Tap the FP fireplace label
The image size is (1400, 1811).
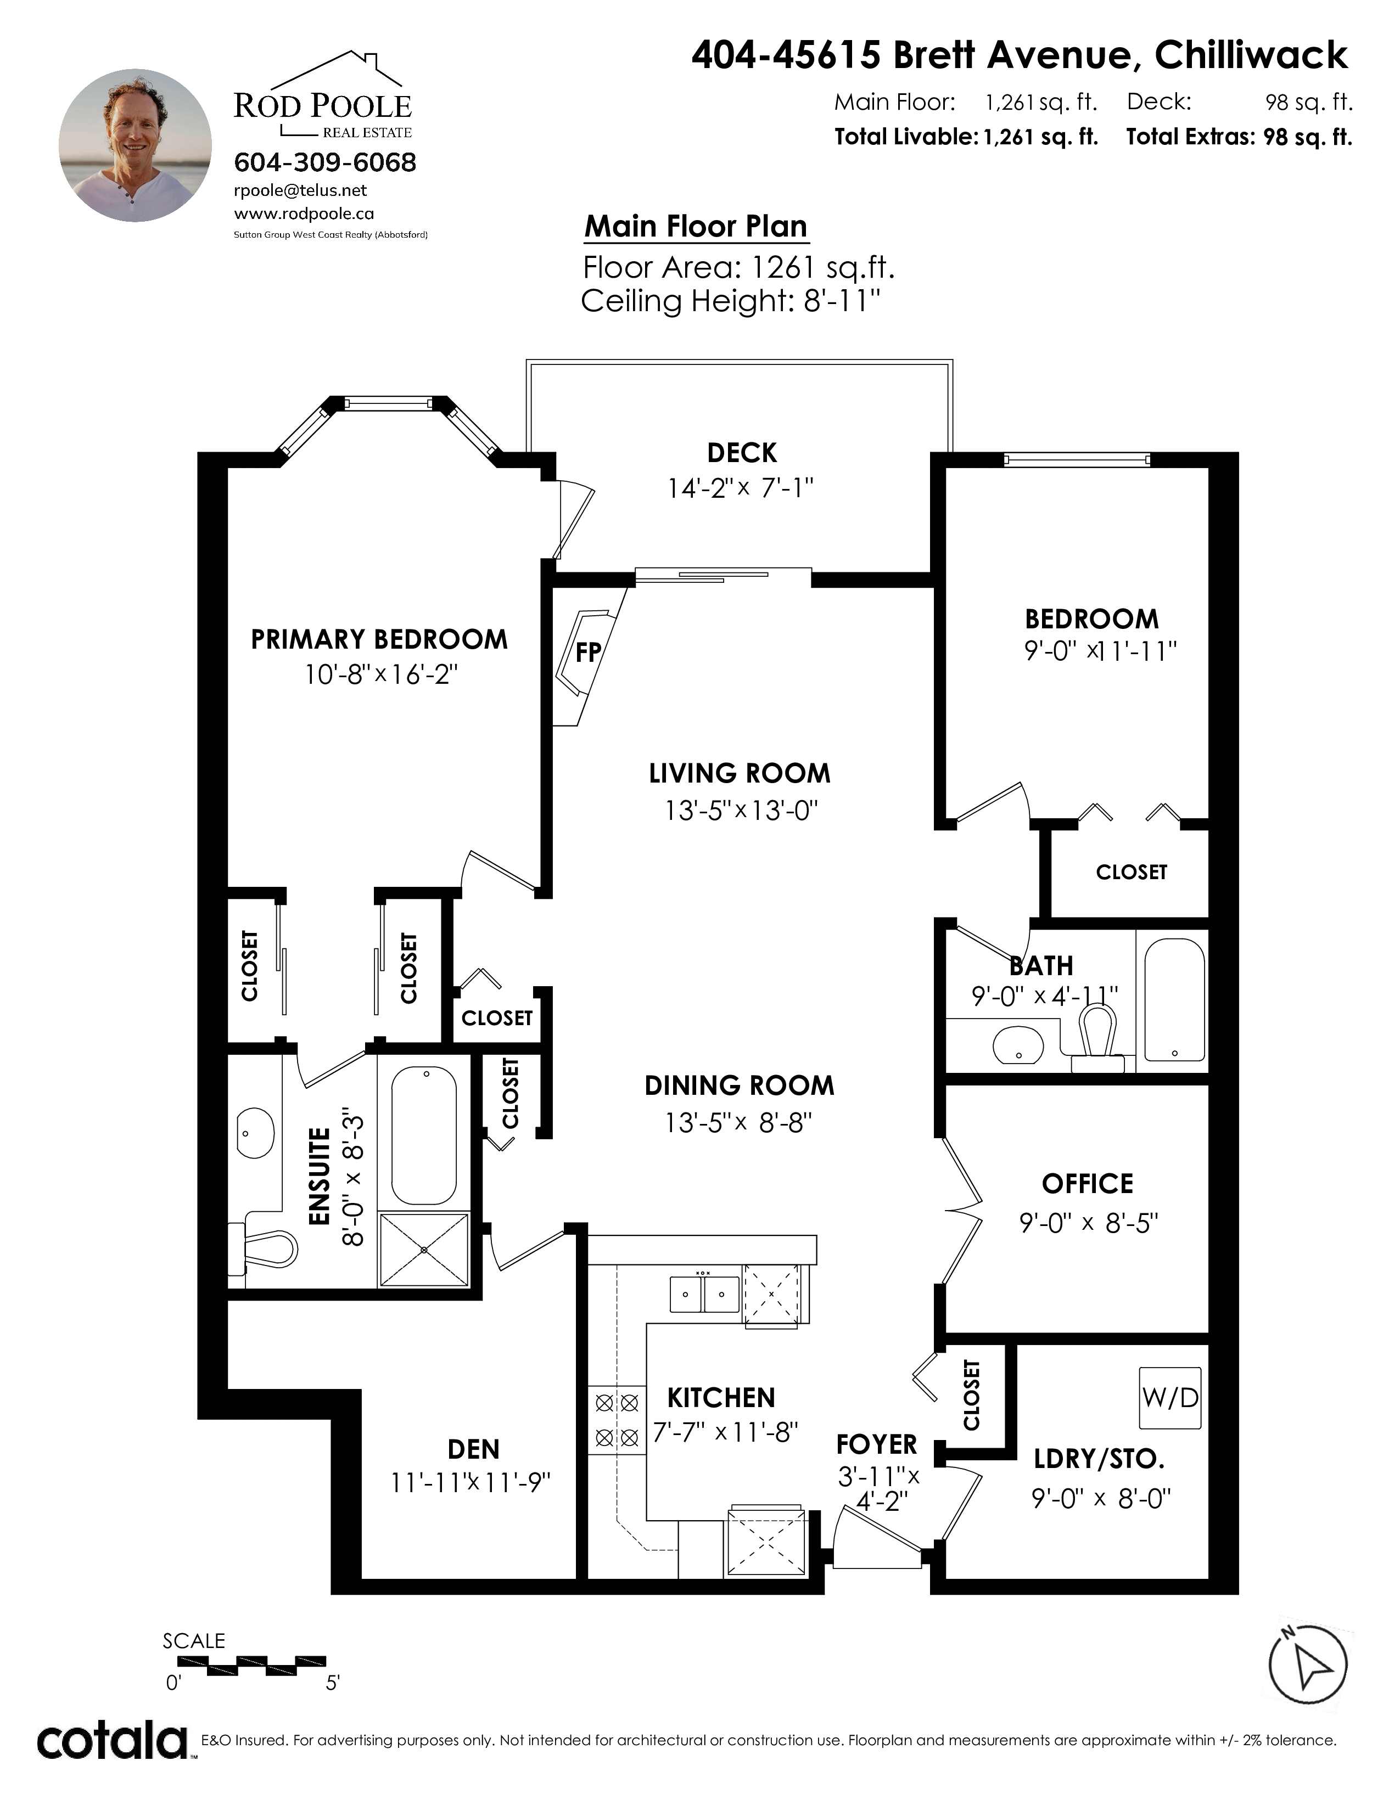pos(588,653)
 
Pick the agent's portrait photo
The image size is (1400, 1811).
pos(135,145)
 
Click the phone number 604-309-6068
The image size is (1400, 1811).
pos(325,162)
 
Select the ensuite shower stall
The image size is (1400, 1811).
pos(424,1250)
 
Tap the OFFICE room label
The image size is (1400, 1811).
pos(1087,1183)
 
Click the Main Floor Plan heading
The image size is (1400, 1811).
pos(696,226)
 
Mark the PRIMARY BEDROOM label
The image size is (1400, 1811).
pos(379,639)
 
